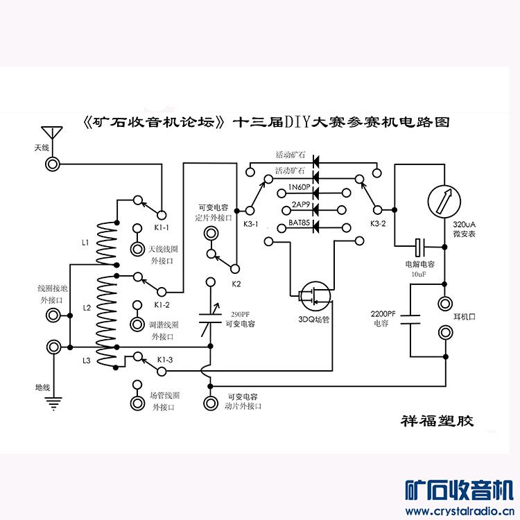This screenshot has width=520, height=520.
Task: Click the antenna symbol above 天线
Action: tap(52, 133)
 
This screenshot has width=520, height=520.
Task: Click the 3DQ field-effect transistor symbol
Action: tap(313, 296)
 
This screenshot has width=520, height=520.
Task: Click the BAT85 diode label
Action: tap(299, 223)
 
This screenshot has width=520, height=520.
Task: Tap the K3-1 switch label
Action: tap(251, 224)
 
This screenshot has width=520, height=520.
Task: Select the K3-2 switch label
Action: tap(379, 224)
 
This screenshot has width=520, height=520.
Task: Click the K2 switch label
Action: tap(236, 284)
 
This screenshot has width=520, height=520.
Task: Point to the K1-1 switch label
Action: tap(162, 227)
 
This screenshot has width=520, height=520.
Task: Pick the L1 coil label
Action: tap(86, 243)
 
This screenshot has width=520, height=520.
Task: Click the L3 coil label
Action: tap(86, 361)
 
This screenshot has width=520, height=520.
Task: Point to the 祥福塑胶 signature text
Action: tap(437, 421)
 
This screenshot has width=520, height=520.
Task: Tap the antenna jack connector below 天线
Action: tap(52, 164)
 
